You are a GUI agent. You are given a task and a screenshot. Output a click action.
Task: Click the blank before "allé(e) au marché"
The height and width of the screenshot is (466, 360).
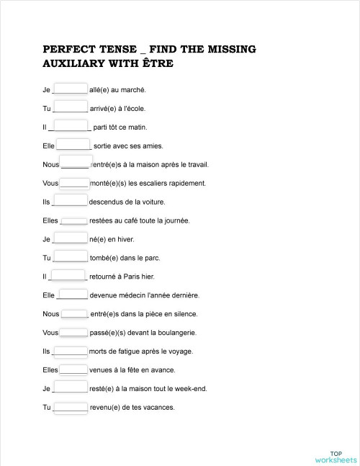click(71, 89)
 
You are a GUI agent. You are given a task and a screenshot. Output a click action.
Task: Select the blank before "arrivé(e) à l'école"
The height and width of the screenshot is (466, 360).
click(71, 108)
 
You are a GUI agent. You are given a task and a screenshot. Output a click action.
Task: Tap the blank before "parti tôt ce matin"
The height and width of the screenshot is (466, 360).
click(71, 127)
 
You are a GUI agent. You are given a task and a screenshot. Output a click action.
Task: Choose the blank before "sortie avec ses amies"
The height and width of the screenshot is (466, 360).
click(73, 145)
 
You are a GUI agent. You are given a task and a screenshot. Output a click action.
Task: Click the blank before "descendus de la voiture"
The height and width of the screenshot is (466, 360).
click(71, 201)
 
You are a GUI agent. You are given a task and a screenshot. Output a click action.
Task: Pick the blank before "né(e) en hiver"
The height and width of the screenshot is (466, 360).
click(71, 238)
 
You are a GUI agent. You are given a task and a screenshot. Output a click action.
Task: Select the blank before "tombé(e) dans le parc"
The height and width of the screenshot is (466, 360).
click(71, 257)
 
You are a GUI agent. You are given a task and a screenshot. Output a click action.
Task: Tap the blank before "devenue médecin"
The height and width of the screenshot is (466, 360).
click(73, 295)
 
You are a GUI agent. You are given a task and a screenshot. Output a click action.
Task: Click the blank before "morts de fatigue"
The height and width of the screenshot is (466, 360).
click(71, 351)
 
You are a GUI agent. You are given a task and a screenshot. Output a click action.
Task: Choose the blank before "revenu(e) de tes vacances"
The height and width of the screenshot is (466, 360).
click(71, 407)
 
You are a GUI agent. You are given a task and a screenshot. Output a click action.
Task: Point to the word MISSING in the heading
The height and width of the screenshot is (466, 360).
click(228, 50)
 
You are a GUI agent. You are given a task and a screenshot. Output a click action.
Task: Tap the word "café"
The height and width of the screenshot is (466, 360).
click(130, 220)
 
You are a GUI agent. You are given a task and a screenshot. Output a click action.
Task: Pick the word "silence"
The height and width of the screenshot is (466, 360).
click(184, 314)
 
